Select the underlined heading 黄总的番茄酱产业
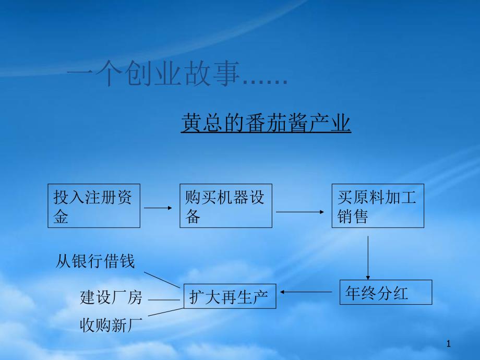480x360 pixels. point(266,123)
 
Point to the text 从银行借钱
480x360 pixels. point(95,261)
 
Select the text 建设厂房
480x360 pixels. point(111,297)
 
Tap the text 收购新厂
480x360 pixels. point(111,325)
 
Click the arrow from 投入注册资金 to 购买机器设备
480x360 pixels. point(158,208)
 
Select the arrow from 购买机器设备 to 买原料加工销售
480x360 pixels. point(300,212)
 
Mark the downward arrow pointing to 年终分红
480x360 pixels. point(368,258)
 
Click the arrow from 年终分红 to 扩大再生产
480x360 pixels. point(306,292)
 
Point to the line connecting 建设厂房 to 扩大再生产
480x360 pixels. point(164,299)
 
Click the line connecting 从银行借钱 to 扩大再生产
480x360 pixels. point(162,280)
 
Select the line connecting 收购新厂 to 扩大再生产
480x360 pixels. point(166,312)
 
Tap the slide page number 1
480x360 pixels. point(449,344)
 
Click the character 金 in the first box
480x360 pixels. point(61,217)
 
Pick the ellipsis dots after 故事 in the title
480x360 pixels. point(265,82)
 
